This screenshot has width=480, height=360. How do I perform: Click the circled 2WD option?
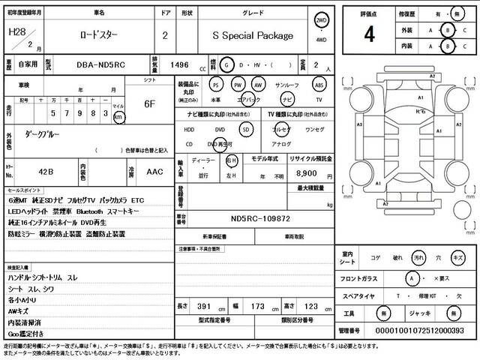[321, 20]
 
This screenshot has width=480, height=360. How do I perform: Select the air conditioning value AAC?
[155, 172]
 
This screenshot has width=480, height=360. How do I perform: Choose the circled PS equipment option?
[216, 85]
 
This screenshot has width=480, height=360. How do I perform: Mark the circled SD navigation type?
[244, 129]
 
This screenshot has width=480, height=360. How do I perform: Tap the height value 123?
[307, 307]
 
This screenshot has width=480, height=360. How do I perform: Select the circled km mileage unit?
[118, 118]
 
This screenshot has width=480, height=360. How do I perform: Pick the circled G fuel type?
[228, 65]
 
